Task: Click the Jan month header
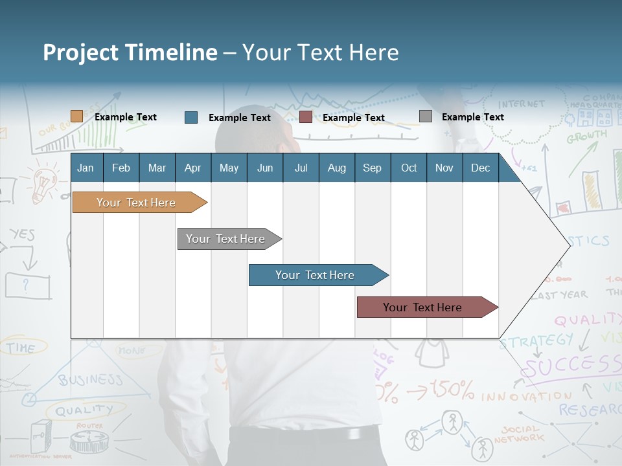pyautogui.click(x=86, y=168)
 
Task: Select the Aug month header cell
pyautogui.click(x=336, y=168)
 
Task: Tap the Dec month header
pyautogui.click(x=480, y=168)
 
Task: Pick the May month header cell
pyautogui.click(x=229, y=168)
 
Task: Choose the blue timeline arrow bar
pyautogui.click(x=316, y=275)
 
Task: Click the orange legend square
pyautogui.click(x=77, y=116)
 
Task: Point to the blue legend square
pyautogui.click(x=191, y=117)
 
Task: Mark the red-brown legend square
pyautogui.click(x=306, y=117)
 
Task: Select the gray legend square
pyautogui.click(x=426, y=116)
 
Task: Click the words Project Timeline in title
pyautogui.click(x=130, y=52)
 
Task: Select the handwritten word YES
pyautogui.click(x=23, y=234)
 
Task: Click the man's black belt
pyautogui.click(x=305, y=435)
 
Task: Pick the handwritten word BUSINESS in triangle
pyautogui.click(x=91, y=379)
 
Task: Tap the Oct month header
pyautogui.click(x=409, y=168)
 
